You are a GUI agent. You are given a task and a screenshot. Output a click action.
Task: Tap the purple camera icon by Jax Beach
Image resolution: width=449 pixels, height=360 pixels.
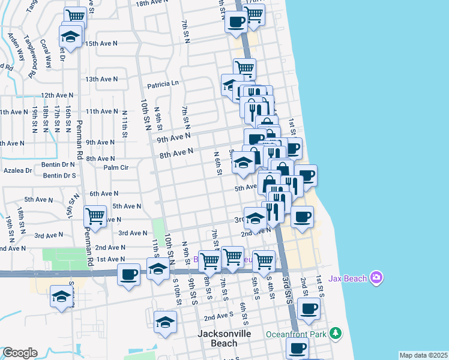(x=376, y=277)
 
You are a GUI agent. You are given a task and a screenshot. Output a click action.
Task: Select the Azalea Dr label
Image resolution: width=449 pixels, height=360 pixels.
(x=16, y=170)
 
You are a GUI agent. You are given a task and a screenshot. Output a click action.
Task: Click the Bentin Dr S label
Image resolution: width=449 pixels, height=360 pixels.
(x=59, y=176)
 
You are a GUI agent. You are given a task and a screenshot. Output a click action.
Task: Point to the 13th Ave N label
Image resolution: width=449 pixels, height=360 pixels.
(x=101, y=79)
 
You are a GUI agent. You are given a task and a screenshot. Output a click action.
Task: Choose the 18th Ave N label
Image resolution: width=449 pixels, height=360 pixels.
(x=152, y=4)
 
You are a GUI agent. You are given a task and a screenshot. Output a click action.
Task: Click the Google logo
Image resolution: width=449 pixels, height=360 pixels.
(x=20, y=353)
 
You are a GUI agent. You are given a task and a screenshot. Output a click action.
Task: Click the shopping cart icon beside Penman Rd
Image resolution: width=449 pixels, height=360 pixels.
(x=95, y=215)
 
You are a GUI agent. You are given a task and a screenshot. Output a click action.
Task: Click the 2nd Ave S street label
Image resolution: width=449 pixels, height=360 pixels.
(x=218, y=316)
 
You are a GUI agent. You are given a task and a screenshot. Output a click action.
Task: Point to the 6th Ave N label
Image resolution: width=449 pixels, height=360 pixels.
(x=104, y=194)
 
